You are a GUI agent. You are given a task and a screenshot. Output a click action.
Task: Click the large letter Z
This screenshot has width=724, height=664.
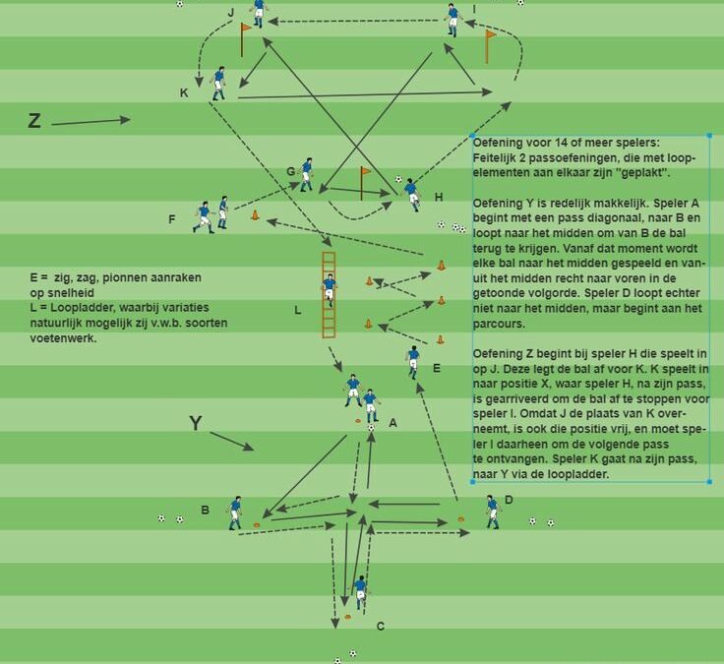point(34,121)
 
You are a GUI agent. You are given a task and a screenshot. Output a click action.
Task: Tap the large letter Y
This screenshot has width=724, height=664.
point(196,423)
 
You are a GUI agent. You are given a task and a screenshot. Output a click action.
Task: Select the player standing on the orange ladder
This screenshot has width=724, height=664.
point(329,289)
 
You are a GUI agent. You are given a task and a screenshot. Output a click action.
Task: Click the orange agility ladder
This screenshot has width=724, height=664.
point(329,294)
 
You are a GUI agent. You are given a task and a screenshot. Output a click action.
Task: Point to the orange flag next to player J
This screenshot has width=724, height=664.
point(245,39)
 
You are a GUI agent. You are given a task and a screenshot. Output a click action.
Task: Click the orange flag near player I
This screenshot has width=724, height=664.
point(490,46)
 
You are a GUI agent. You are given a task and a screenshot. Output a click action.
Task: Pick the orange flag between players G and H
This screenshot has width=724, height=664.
point(365,183)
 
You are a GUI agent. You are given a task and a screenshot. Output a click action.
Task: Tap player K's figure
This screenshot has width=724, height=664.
point(218,84)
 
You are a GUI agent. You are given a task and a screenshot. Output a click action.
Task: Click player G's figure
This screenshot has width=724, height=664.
point(306,174)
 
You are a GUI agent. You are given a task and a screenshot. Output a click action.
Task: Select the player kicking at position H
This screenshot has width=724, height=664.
point(412,195)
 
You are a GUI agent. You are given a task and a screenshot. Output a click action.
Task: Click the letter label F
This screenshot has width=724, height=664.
point(172,219)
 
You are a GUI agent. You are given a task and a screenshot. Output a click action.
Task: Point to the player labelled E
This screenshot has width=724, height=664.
point(413,362)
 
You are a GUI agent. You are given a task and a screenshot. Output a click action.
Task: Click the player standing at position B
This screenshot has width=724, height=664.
point(235,513)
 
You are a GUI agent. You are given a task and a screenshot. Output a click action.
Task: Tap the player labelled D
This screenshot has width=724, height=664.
point(492,512)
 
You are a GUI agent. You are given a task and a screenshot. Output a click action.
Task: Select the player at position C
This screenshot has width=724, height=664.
point(360,593)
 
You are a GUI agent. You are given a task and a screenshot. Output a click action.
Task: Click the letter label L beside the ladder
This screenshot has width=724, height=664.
point(298,310)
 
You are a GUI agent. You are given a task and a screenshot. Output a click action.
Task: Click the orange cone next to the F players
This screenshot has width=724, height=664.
point(255,214)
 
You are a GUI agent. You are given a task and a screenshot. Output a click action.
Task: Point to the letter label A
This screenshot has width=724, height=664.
point(392,423)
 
